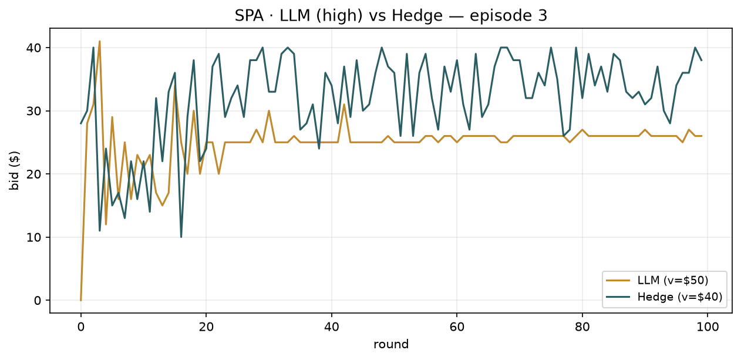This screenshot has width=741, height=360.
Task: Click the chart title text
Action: click(391, 15)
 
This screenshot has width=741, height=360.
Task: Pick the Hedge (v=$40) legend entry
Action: click(664, 297)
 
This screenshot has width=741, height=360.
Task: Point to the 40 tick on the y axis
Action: click(33, 48)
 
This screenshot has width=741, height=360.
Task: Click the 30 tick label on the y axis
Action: click(33, 111)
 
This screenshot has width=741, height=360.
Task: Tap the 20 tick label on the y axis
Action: click(33, 174)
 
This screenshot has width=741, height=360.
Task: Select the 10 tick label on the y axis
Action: click(33, 237)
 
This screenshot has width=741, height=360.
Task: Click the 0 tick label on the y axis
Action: click(38, 301)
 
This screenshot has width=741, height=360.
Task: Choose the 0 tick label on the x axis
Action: click(80, 327)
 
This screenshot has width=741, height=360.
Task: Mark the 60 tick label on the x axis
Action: click(456, 327)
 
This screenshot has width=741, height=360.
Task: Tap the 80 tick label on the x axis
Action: click(582, 327)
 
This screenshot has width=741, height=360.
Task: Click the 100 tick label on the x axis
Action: click(708, 327)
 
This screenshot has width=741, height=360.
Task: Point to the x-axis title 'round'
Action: click(391, 345)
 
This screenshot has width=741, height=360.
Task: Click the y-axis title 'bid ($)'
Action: click(14, 170)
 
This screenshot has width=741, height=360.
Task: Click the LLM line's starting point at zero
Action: click(80, 300)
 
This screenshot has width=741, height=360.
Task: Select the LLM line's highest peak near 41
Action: click(100, 41)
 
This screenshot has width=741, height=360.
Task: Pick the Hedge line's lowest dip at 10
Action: click(181, 237)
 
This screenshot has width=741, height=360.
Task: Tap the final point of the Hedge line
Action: click(701, 60)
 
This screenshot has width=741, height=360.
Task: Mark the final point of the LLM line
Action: click(701, 136)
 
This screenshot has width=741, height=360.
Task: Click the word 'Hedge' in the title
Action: click(417, 15)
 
